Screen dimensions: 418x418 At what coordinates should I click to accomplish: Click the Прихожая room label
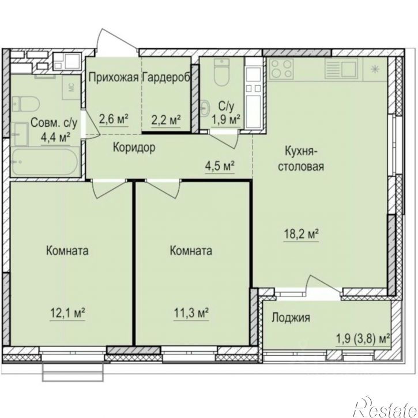pyautogui.click(x=114, y=78)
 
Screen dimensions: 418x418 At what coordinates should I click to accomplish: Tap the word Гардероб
pyautogui.click(x=167, y=78)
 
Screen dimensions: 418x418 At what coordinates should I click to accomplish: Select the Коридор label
pyautogui.click(x=134, y=148)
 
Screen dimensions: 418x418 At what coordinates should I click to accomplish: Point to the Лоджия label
pyautogui.click(x=291, y=318)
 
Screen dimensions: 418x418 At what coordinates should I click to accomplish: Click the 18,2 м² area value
pyautogui.click(x=301, y=235)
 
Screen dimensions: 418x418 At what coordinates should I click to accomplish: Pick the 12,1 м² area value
pyautogui.click(x=67, y=313)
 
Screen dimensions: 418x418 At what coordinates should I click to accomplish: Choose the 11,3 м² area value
pyautogui.click(x=191, y=313)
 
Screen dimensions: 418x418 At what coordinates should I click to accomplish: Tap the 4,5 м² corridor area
pyautogui.click(x=220, y=166)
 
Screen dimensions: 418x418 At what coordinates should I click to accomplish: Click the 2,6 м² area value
pyautogui.click(x=114, y=119)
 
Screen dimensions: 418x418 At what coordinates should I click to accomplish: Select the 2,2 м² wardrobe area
pyautogui.click(x=166, y=120)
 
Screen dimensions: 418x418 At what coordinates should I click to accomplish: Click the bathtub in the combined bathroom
pyautogui.click(x=45, y=162)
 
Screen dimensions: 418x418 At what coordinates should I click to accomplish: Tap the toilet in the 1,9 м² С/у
pyautogui.click(x=221, y=72)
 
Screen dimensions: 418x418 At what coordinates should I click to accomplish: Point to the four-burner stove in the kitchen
pyautogui.click(x=281, y=69)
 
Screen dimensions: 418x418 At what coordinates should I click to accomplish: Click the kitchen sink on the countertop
pyautogui.click(x=344, y=68)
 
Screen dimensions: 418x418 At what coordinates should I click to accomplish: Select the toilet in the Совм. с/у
pyautogui.click(x=25, y=104)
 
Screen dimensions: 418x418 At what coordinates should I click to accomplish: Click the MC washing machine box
pyautogui.click(x=71, y=88)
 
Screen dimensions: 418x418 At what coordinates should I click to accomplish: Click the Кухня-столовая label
pyautogui.click(x=301, y=159)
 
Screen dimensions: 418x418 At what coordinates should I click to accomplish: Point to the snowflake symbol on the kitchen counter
pyautogui.click(x=375, y=69)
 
